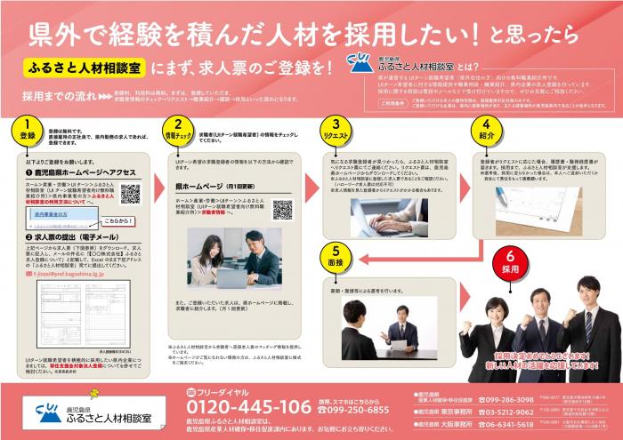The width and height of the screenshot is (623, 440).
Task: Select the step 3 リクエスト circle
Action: pyautogui.click(x=335, y=130)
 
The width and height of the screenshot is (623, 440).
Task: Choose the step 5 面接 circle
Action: pyautogui.click(x=335, y=258)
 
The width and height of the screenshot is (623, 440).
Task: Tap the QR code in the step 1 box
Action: pyautogui.click(x=130, y=193)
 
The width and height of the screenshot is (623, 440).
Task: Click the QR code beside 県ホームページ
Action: pyautogui.click(x=282, y=210)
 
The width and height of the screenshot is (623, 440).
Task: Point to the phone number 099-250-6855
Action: pyautogui.click(x=359, y=410)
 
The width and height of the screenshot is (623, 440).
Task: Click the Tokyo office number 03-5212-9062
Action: pyautogui.click(x=506, y=412)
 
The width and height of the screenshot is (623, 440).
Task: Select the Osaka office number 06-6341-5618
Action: pyautogui.click(x=506, y=425)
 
